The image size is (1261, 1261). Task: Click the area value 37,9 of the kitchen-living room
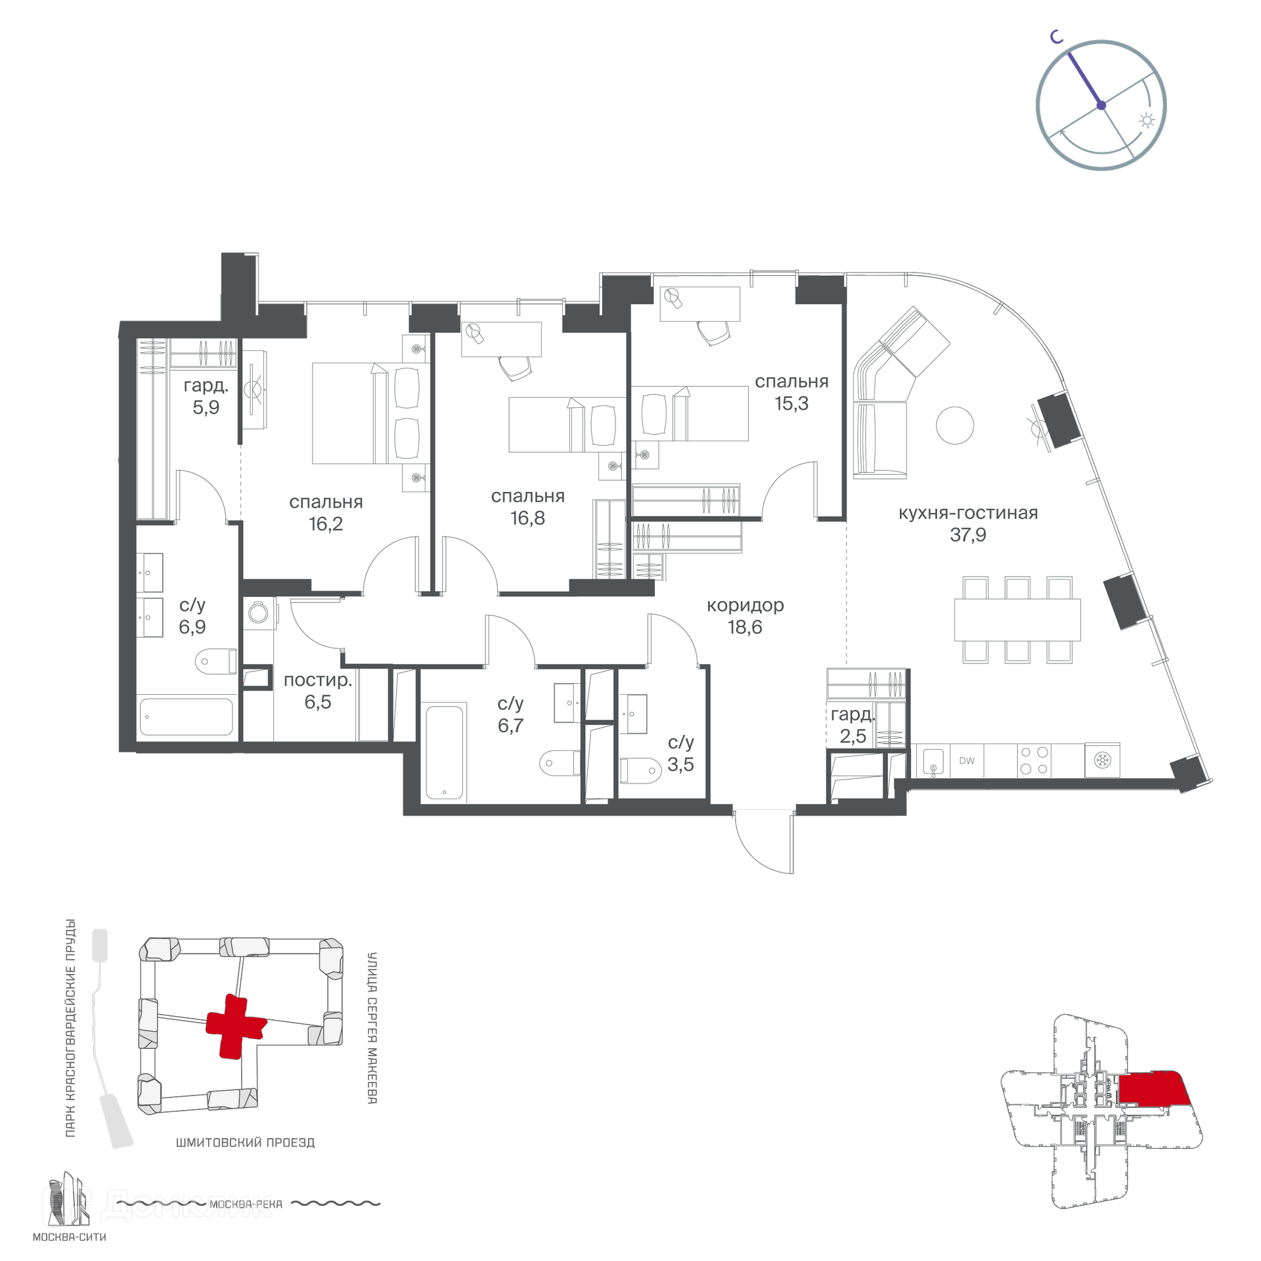click(967, 535)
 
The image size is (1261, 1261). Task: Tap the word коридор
click(745, 605)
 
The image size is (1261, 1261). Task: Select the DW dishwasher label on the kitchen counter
click(967, 761)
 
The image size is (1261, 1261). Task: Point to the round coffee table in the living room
click(955, 425)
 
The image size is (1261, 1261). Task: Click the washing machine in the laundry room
click(258, 613)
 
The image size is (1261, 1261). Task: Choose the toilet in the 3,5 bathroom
click(640, 770)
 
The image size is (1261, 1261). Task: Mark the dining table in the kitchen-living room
click(1017, 619)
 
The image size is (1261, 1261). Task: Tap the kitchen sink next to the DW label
click(933, 761)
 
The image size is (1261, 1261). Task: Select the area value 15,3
click(791, 403)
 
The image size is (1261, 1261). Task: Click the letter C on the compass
click(1056, 37)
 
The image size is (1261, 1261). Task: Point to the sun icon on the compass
click(1147, 120)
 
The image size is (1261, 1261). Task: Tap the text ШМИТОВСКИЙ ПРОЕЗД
click(246, 1142)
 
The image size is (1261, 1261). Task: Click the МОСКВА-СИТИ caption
click(70, 1237)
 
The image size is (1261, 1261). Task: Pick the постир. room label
click(318, 680)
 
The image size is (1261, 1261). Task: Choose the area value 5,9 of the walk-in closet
click(206, 407)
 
